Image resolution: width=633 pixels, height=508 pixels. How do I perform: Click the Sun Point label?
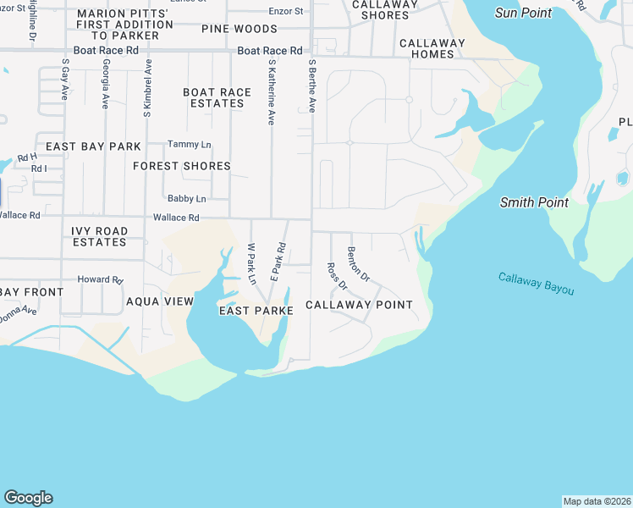point(523,13)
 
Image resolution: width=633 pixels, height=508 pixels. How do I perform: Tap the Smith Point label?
point(534,202)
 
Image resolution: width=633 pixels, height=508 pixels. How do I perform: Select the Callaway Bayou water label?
point(536,284)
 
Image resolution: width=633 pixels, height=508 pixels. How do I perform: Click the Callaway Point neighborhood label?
point(359,305)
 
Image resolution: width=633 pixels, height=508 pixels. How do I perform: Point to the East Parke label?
point(256,311)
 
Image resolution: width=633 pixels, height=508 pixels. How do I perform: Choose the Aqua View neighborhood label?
point(160,301)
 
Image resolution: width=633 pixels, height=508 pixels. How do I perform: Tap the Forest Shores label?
point(182,166)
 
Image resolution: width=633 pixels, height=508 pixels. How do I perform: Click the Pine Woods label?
point(239,29)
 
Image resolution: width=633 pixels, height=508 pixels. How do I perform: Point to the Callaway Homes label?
point(432,48)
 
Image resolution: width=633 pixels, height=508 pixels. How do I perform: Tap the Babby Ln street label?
point(187,199)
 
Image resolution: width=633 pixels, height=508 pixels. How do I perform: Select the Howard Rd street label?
point(100,279)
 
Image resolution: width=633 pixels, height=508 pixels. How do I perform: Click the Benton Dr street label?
point(359,264)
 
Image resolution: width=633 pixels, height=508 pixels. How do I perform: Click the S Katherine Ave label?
point(272,92)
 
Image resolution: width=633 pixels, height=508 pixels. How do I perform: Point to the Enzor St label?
point(285,11)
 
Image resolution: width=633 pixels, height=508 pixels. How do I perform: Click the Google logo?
point(28,498)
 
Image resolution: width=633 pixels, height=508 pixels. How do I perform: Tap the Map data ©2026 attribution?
point(597,501)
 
